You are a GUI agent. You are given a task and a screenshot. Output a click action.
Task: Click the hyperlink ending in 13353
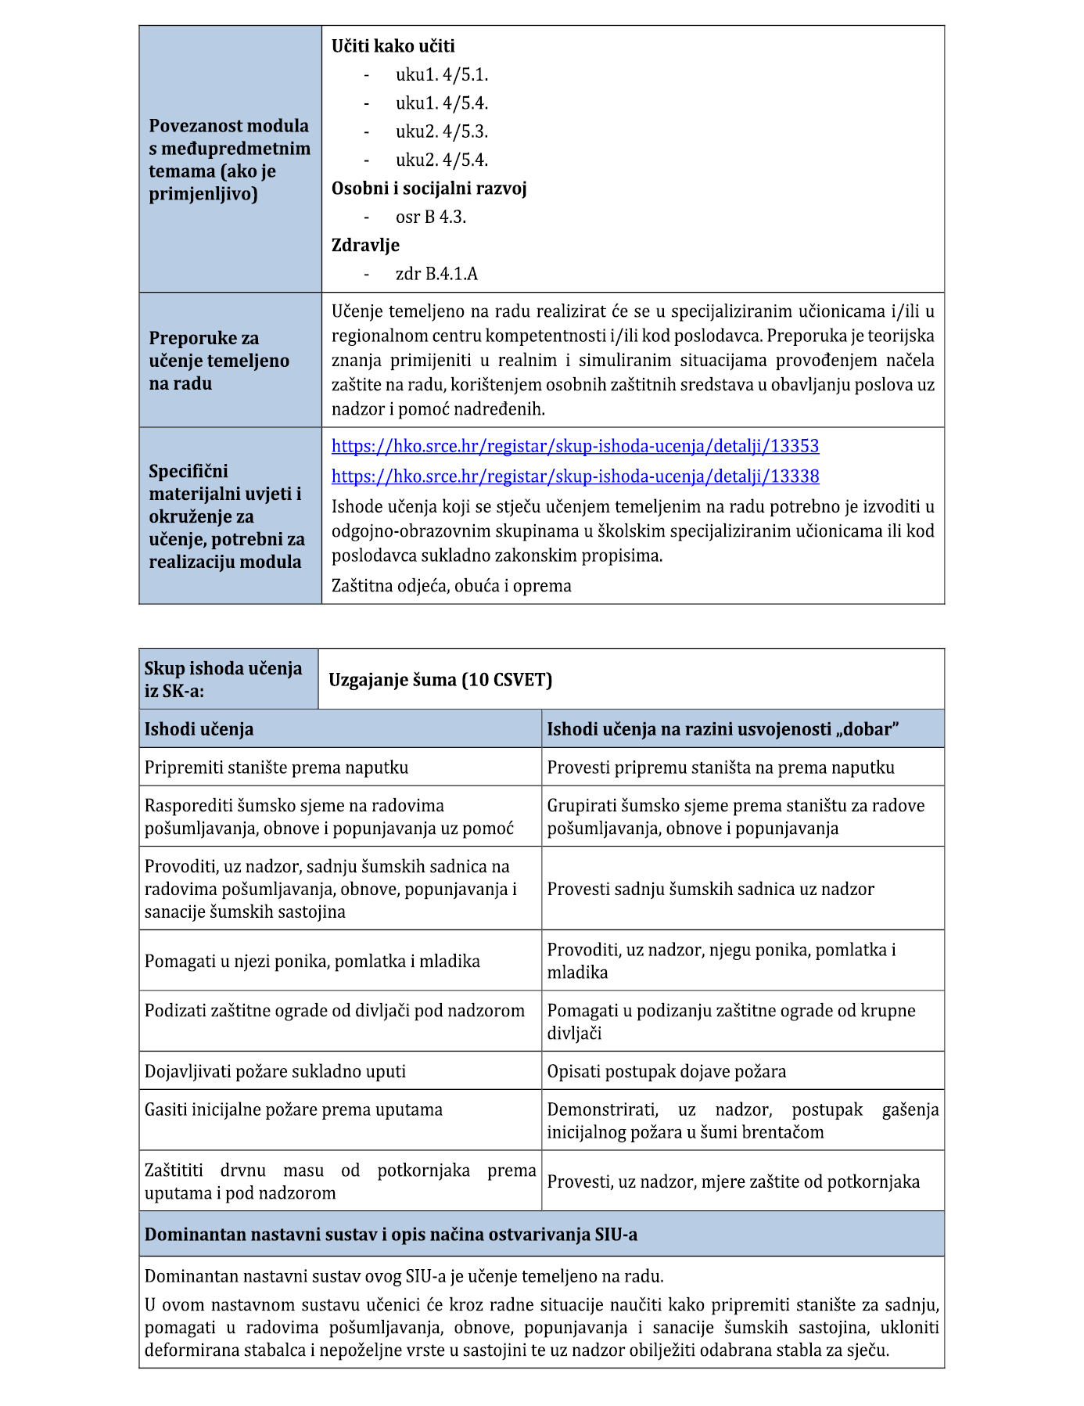point(575,446)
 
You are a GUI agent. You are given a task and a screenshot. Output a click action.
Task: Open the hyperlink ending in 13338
point(575,476)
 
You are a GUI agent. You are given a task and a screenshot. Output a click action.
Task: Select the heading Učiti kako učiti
point(393,46)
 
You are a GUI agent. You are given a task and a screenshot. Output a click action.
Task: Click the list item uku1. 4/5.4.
point(441,103)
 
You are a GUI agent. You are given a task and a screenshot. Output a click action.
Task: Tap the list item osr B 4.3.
point(430,218)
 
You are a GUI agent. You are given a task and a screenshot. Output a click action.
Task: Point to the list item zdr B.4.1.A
point(436,274)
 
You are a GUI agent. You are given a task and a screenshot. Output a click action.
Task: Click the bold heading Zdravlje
point(365,246)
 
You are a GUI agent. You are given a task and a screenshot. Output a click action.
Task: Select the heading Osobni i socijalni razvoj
point(429,189)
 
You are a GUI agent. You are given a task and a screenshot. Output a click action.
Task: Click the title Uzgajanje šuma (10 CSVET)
point(440,680)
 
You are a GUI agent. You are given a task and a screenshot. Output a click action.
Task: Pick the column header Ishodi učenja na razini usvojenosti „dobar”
point(723,729)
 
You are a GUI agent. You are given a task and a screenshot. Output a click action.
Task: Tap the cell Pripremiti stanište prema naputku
point(276,768)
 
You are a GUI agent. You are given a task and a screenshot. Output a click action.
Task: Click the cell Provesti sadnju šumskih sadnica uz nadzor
point(710,889)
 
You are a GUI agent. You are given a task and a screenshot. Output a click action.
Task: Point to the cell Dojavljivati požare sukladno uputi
point(275,1072)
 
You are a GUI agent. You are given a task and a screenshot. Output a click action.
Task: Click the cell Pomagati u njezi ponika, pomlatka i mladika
point(312,962)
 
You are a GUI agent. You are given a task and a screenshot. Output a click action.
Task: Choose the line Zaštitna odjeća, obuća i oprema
point(451,586)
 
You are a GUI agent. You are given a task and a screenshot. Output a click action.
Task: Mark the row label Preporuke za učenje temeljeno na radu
point(219,361)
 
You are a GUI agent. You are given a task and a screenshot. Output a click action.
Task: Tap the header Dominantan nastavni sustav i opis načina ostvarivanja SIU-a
point(390,1235)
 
